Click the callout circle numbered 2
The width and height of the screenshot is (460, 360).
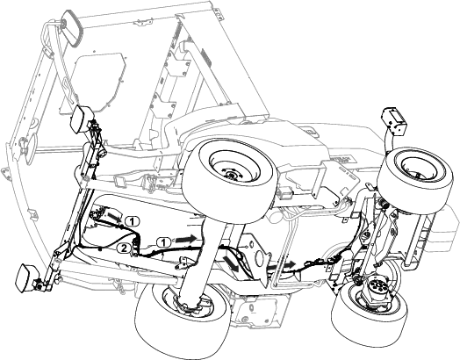click(x=124, y=248)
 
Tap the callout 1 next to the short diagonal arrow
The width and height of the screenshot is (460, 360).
click(x=133, y=221)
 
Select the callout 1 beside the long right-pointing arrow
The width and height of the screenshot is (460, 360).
click(x=164, y=242)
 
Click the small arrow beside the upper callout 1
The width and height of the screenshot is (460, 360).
click(x=114, y=218)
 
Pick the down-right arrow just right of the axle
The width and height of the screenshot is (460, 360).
click(x=231, y=263)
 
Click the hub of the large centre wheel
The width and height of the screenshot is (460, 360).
click(x=232, y=174)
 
